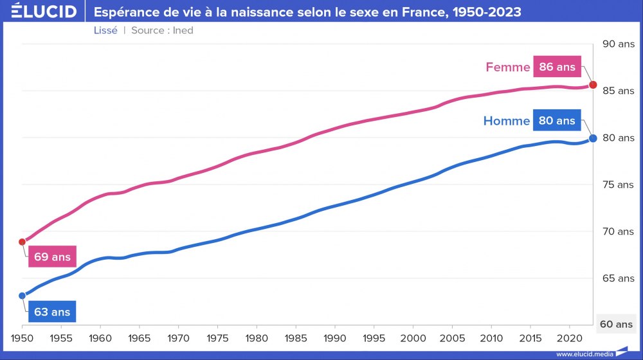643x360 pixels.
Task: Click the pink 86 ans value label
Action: (x=557, y=67)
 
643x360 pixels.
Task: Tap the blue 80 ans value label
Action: (x=557, y=121)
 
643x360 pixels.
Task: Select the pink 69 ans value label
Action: (x=52, y=257)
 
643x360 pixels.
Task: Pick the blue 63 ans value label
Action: (x=52, y=312)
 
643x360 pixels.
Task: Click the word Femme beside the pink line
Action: (x=507, y=67)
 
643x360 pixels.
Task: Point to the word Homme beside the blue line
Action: (x=506, y=121)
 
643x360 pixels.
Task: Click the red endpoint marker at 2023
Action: (x=593, y=85)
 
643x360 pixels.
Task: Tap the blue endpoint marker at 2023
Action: (x=593, y=138)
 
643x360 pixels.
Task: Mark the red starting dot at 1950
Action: (x=23, y=242)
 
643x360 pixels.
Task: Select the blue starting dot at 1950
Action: (x=23, y=296)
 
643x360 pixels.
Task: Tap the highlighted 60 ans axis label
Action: (x=617, y=325)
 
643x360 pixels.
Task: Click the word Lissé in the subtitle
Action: (x=105, y=30)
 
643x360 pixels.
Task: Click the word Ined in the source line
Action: (x=183, y=30)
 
